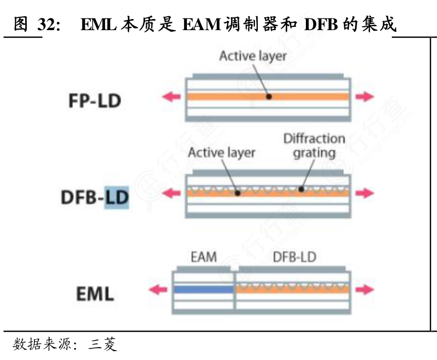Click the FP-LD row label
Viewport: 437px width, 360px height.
(x=94, y=101)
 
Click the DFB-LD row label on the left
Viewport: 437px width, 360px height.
(x=94, y=198)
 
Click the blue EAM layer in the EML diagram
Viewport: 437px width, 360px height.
(x=203, y=289)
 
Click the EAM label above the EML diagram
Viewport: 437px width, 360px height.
(x=203, y=257)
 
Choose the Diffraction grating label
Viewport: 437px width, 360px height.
(x=314, y=145)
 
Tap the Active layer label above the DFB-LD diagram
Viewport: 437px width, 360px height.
(x=222, y=152)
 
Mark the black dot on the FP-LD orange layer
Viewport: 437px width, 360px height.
(x=268, y=97)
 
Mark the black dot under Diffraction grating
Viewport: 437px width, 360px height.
(x=301, y=189)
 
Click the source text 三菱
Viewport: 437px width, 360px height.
(x=103, y=345)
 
